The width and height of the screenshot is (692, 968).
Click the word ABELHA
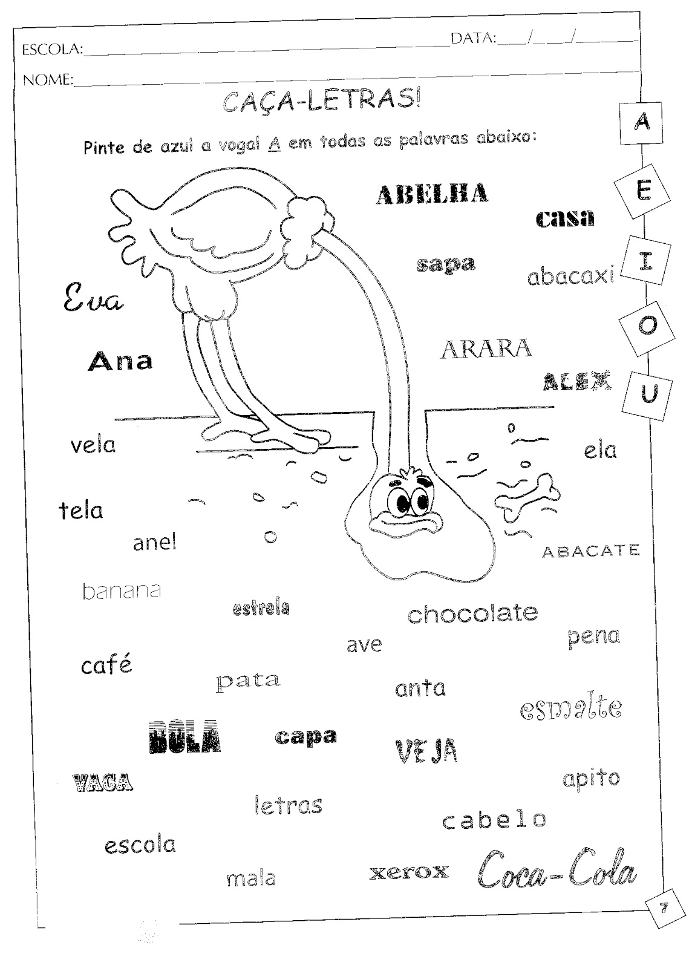432,194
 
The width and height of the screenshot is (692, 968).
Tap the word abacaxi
570,276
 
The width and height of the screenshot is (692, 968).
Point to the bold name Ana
120,361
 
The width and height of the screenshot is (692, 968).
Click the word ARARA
486,350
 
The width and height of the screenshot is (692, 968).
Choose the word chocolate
472,614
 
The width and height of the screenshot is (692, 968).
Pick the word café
106,665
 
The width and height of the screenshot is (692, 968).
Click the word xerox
409,872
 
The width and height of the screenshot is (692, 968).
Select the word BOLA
184,738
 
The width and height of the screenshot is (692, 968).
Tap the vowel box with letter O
647,325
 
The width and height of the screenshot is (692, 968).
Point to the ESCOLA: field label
52,50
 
